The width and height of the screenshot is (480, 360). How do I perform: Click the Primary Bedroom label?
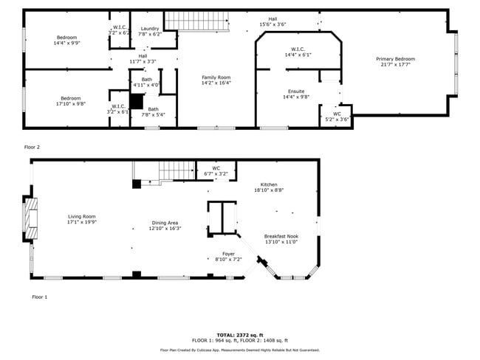(395, 59)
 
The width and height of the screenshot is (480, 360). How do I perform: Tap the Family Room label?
(216, 77)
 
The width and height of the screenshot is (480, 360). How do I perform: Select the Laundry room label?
(150, 29)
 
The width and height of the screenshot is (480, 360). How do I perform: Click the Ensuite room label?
(295, 91)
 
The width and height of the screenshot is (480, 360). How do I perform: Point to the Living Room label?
(81, 216)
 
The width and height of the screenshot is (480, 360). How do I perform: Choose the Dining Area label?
(165, 223)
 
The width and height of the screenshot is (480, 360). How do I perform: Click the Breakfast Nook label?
(281, 237)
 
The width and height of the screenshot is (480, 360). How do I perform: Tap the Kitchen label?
(269, 184)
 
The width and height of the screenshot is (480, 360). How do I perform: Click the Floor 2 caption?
(32, 147)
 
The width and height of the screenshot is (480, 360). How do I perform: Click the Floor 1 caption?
(39, 297)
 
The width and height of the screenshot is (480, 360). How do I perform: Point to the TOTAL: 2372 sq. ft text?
(239, 335)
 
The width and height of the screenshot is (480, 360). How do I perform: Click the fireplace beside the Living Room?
(31, 218)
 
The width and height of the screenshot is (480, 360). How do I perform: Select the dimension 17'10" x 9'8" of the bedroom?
(70, 104)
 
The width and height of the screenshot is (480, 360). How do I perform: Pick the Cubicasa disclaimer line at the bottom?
(239, 350)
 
